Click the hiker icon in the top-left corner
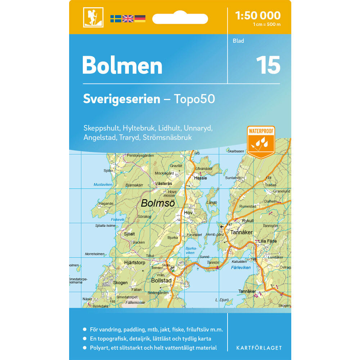[x=93, y=17]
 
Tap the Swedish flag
[x=116, y=19]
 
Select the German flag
[x=140, y=19]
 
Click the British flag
[x=128, y=19]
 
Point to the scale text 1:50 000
[x=257, y=15]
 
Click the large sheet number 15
[x=268, y=65]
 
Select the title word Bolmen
[x=122, y=65]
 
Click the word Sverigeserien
[x=121, y=99]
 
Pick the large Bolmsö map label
[x=158, y=203]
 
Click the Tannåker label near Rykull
[x=242, y=232]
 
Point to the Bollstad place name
[x=162, y=280]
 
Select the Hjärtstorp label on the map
[x=134, y=263]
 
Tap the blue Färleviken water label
[x=241, y=268]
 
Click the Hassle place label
[x=200, y=178]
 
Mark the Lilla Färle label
[x=267, y=241]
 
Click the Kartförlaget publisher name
[x=259, y=348]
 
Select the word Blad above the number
[x=238, y=41]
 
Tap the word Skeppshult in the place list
[x=102, y=128]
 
